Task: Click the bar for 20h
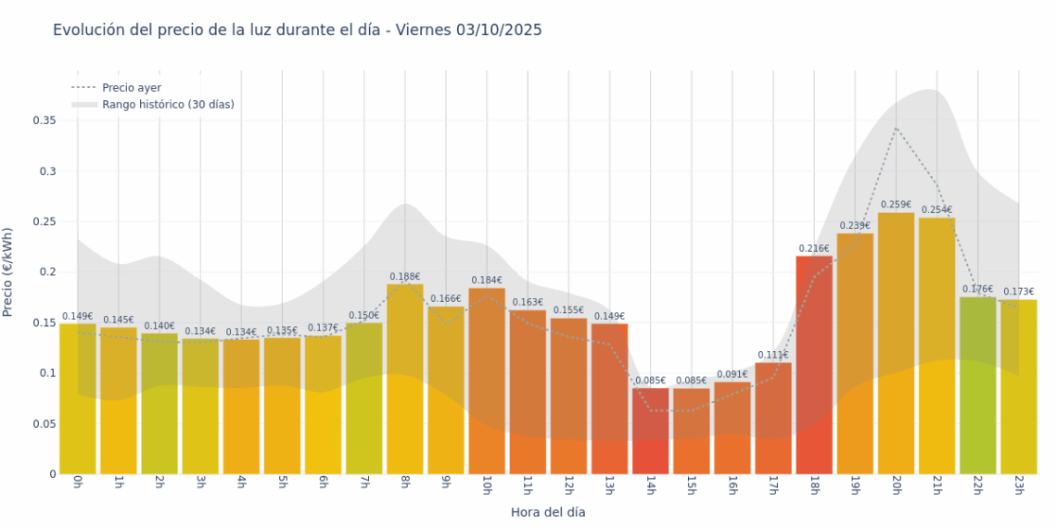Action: [x=896, y=343]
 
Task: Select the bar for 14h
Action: [x=651, y=431]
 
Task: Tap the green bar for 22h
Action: [x=977, y=385]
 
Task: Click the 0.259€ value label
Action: [x=896, y=205]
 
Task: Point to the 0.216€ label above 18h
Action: [x=814, y=248]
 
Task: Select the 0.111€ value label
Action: [x=773, y=355]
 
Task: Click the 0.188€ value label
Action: [x=405, y=276]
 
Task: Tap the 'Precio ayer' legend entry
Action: [x=131, y=87]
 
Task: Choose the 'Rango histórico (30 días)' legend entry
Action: [x=168, y=105]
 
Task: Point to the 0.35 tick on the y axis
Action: [x=45, y=120]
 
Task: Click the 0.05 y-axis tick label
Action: [x=45, y=423]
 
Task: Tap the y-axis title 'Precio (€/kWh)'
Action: [x=8, y=271]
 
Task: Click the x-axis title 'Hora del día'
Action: [x=548, y=511]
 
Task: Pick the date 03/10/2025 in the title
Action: [x=499, y=30]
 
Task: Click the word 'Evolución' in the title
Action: [x=88, y=30]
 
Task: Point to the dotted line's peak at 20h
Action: [x=896, y=128]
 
